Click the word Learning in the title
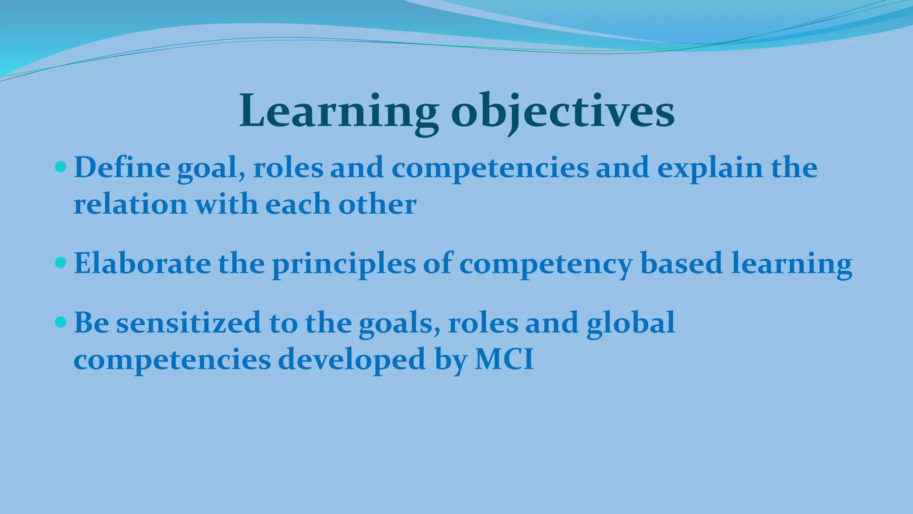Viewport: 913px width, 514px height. point(339,112)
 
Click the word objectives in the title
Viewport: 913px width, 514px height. point(563,112)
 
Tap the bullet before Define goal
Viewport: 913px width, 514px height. point(60,168)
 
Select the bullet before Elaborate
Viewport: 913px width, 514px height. point(60,263)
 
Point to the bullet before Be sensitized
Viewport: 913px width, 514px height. point(60,322)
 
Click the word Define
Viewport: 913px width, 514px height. point(122,168)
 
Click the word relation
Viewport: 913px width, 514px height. point(130,204)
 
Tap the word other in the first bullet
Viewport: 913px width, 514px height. point(377,204)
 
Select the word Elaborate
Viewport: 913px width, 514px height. point(142,263)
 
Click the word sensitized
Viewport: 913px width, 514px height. point(189,323)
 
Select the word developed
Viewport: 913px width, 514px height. point(352,360)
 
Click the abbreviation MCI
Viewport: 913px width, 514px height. point(504,359)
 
